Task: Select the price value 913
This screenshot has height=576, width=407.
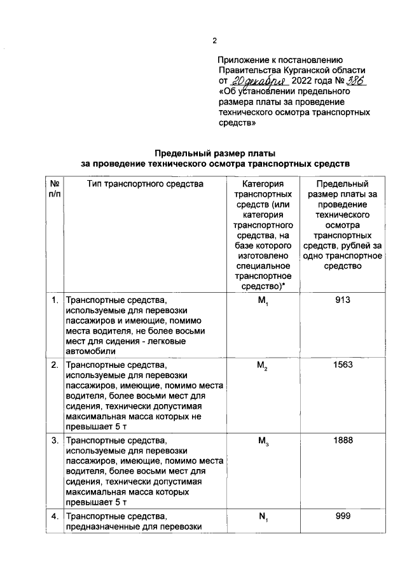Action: pos(343,299)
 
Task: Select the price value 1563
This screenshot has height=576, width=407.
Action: pos(343,366)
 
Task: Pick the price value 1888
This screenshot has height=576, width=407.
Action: pos(343,440)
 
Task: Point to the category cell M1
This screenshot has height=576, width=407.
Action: pos(262,300)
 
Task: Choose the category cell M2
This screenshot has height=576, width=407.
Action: pos(262,367)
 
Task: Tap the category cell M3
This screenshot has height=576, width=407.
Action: pos(262,440)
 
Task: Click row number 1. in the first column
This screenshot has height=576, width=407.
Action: pos(55,299)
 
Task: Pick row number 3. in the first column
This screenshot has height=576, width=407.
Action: pos(55,440)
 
